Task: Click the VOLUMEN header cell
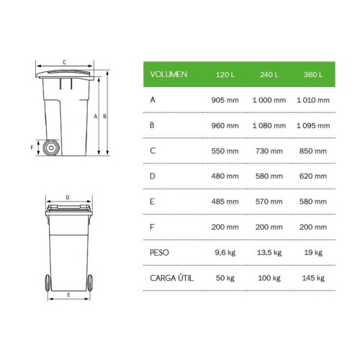[168, 74]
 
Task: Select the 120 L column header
[226, 74]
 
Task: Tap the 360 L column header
[312, 74]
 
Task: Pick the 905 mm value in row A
[225, 100]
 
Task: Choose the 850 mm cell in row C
[312, 151]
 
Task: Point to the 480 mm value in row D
[225, 177]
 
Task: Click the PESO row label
[159, 253]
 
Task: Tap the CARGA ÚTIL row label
[170, 278]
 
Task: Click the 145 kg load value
[312, 278]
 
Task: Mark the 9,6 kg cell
[226, 253]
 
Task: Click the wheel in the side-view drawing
[51, 148]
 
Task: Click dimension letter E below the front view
[68, 295]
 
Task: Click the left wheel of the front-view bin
[48, 281]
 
